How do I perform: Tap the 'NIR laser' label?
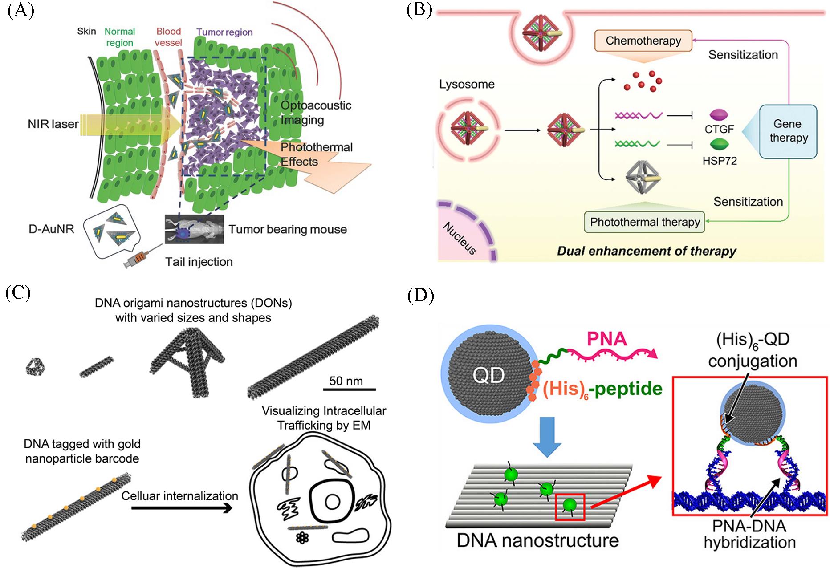coord(53,124)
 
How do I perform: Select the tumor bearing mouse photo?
coord(194,229)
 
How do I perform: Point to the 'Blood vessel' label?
coord(168,37)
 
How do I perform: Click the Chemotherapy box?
coord(643,41)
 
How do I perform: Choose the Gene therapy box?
coord(788,131)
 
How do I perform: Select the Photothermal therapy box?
coord(644,222)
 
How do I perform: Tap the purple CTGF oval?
coord(718,115)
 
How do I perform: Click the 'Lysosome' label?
coord(467,84)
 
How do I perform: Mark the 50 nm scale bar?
coord(349,389)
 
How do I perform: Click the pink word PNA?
coord(606,339)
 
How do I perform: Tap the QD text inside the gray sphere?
coord(488,376)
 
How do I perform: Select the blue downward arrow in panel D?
coord(547,436)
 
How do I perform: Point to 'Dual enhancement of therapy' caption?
coord(646,251)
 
